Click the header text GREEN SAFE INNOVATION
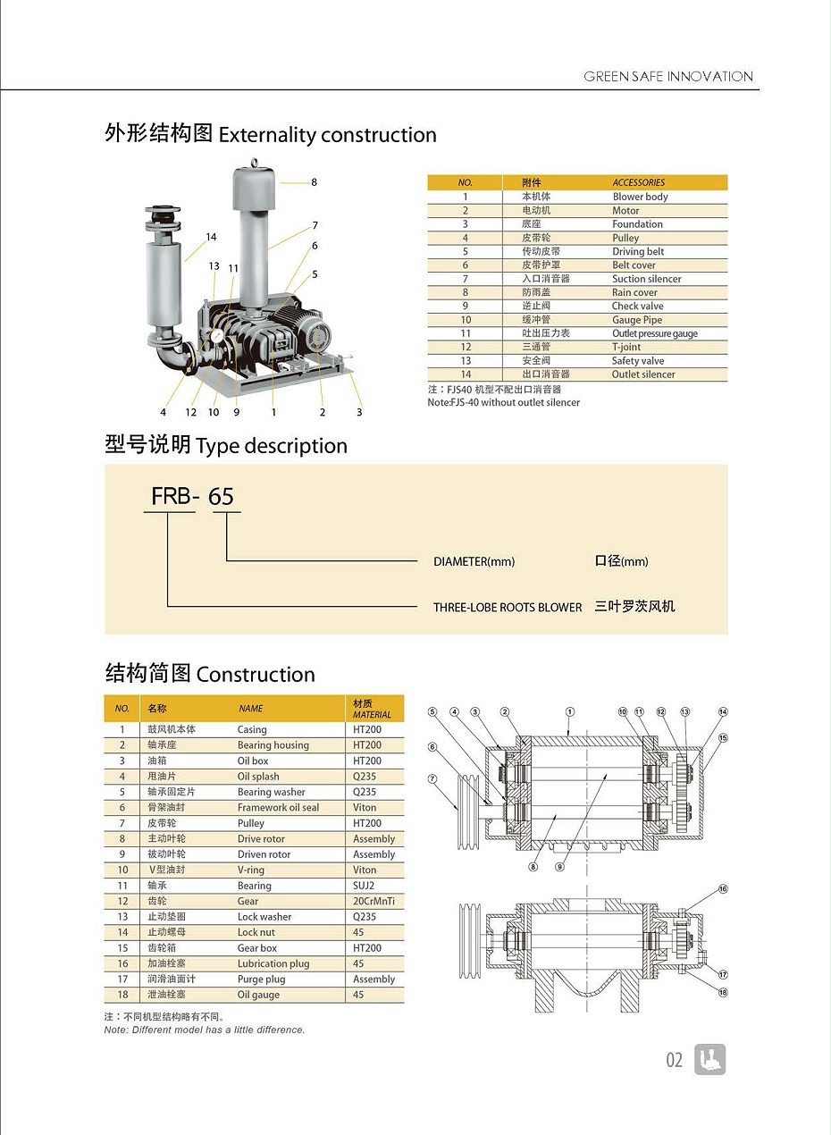(x=668, y=77)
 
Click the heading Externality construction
(x=327, y=135)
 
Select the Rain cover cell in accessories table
(x=634, y=292)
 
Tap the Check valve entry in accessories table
(x=637, y=306)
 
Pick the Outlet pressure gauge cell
(x=654, y=333)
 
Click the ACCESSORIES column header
(x=638, y=182)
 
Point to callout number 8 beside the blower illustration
(x=315, y=182)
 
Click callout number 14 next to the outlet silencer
(x=211, y=237)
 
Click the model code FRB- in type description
(x=173, y=496)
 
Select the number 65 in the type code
(x=221, y=497)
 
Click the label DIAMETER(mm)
(x=474, y=561)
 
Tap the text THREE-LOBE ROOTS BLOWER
(x=507, y=607)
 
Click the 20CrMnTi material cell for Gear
(x=374, y=901)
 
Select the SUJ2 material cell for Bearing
(x=364, y=886)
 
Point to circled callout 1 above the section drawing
(x=570, y=711)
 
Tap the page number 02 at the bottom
(x=674, y=1060)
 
